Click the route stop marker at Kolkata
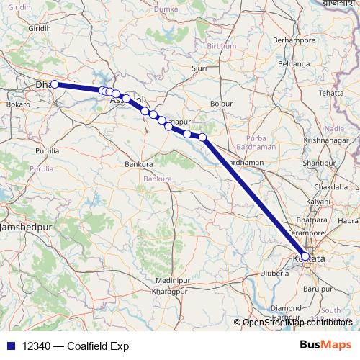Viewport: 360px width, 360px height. pos(305,256)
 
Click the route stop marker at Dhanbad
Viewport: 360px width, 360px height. pos(55,84)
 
